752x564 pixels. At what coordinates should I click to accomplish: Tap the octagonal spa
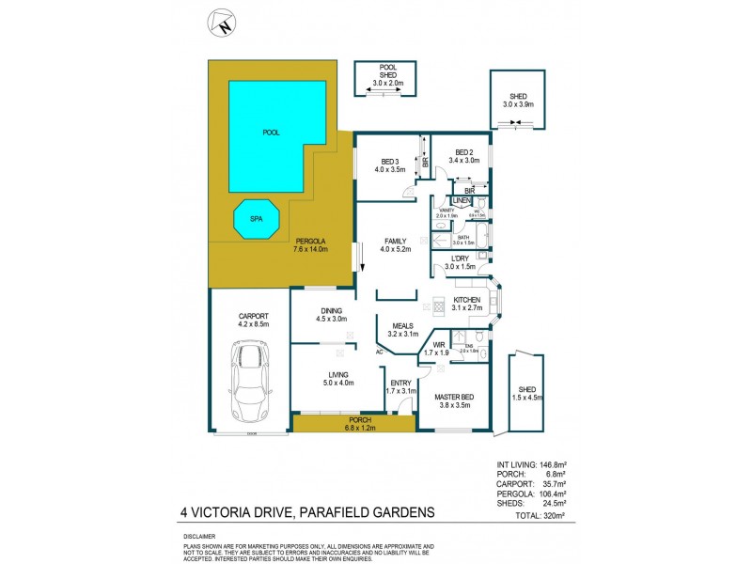pyautogui.click(x=256, y=219)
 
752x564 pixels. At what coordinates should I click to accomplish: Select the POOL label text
pyautogui.click(x=271, y=133)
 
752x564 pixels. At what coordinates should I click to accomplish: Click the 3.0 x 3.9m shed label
pyautogui.click(x=518, y=101)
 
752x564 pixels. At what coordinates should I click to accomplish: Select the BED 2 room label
pyautogui.click(x=464, y=156)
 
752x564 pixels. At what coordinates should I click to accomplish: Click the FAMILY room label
pyautogui.click(x=394, y=244)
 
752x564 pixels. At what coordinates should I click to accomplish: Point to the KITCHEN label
pyautogui.click(x=466, y=302)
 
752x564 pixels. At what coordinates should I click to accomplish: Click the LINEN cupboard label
pyautogui.click(x=462, y=202)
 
